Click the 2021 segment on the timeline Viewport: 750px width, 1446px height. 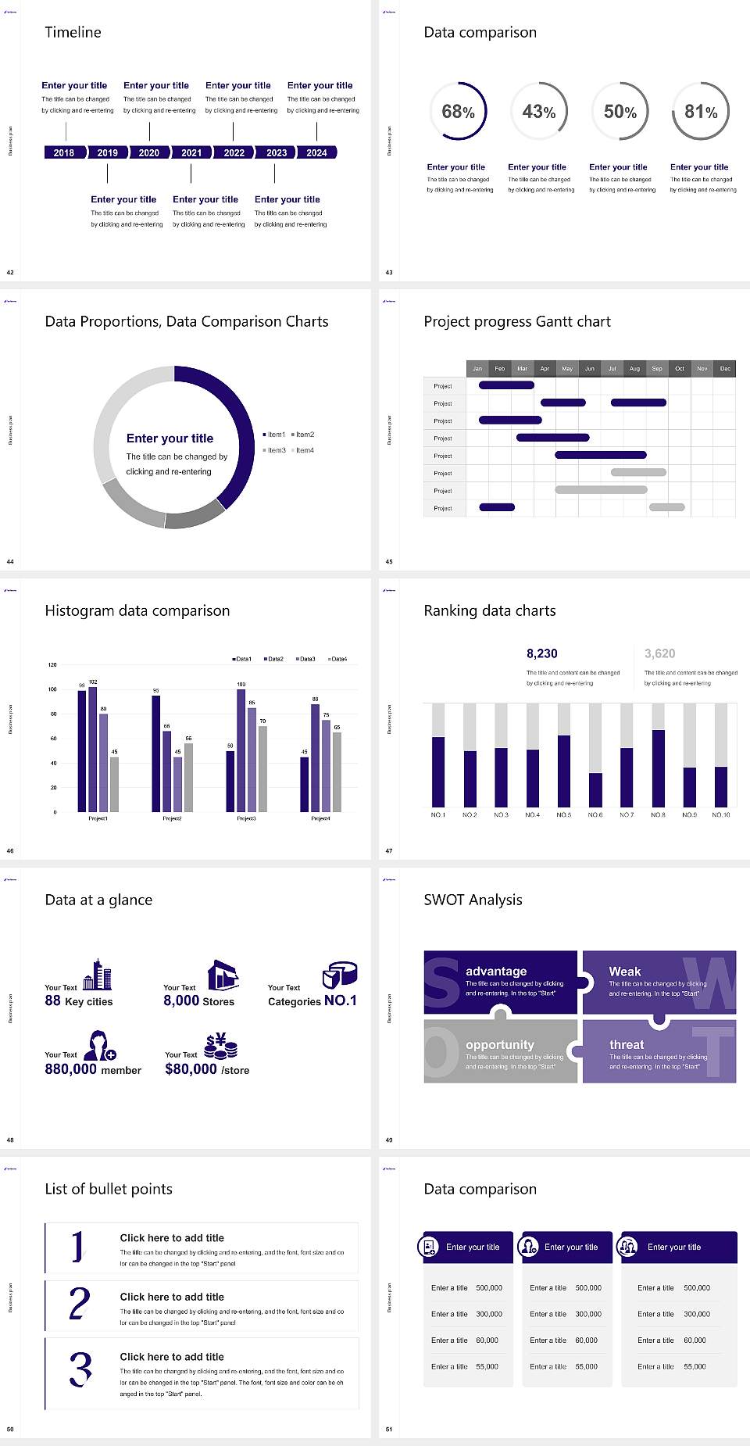pos(191,152)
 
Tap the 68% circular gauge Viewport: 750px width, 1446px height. pos(458,111)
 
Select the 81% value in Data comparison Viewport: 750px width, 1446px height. pos(701,112)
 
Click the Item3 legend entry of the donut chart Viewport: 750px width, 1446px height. pos(275,450)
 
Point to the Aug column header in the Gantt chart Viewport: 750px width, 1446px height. pos(634,368)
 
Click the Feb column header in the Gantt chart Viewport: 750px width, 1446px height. pos(500,368)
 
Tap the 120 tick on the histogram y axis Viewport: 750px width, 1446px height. pos(52,665)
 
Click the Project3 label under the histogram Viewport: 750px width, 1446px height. pos(246,818)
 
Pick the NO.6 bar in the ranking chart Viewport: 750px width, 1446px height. pos(595,789)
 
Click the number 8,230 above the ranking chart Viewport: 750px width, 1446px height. pos(541,653)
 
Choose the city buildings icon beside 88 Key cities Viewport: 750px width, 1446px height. pos(98,975)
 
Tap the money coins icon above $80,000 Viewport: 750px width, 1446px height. pos(220,1046)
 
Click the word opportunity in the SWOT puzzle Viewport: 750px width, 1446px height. pos(500,1045)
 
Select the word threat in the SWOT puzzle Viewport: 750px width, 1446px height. pos(627,1045)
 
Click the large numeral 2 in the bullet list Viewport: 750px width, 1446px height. pos(79,1304)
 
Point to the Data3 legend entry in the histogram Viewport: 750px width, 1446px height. pos(305,659)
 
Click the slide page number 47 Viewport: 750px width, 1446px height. pos(389,850)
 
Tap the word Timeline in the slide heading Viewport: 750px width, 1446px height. pos(73,32)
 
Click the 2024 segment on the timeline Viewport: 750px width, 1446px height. pos(316,152)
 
